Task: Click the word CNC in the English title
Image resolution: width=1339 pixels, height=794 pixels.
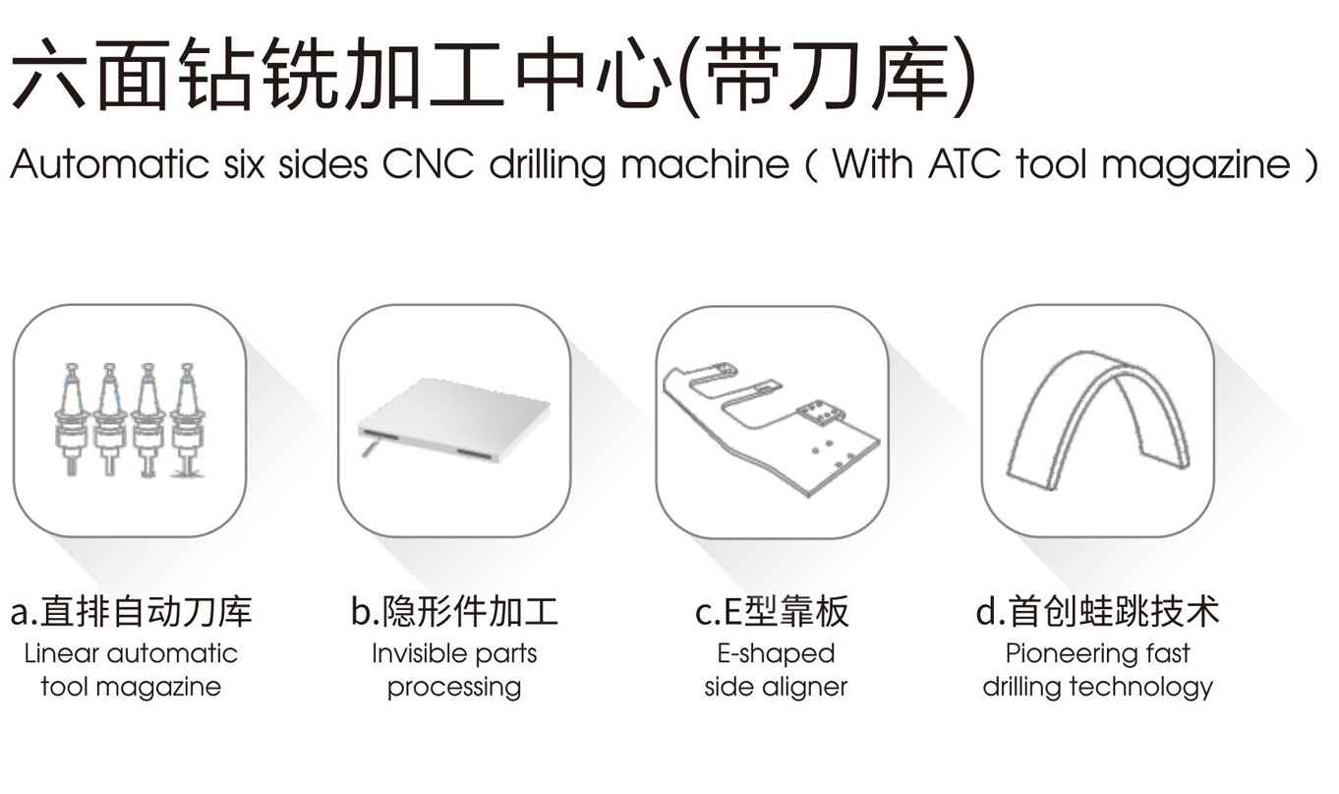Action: point(428,163)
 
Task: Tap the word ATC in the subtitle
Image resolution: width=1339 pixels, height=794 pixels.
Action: point(963,163)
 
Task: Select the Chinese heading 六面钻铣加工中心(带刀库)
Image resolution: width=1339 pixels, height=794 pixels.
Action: point(494,75)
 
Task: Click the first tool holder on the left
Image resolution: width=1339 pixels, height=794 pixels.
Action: point(72,419)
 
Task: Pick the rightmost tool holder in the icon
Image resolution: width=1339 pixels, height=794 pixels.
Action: point(187,420)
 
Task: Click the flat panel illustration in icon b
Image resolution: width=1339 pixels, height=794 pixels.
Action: point(454,420)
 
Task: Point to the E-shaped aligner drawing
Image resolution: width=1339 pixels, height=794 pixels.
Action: point(771,428)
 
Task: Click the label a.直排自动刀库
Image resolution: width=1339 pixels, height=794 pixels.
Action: point(132,612)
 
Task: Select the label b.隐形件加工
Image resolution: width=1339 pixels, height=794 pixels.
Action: point(455,612)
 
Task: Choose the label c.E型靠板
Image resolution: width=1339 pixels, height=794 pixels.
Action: point(772,612)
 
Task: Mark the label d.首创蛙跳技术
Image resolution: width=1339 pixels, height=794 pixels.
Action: point(1097,612)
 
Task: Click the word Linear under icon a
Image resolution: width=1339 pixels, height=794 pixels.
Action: point(62,653)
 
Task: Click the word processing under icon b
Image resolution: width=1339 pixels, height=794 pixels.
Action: point(454,688)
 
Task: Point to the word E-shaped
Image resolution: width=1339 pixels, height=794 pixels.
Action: point(776,654)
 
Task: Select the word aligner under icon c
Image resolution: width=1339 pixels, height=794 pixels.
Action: point(805,688)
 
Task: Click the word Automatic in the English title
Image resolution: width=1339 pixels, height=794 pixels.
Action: point(110,163)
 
